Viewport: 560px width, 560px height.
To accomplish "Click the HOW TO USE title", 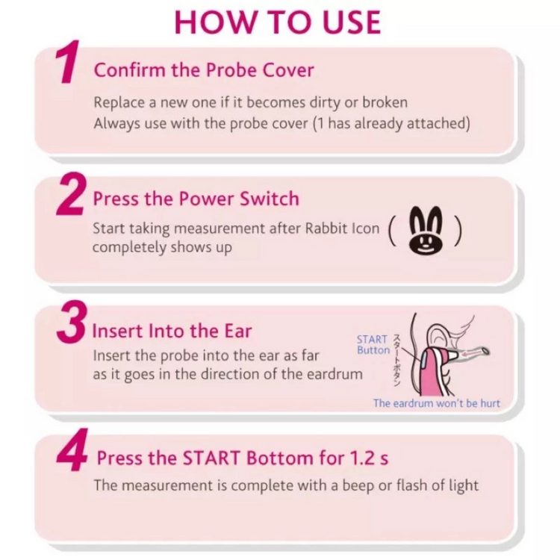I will (278, 22).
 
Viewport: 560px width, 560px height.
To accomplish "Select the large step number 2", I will (70, 196).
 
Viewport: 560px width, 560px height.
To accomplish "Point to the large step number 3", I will (73, 323).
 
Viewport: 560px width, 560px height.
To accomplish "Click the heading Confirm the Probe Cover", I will (204, 70).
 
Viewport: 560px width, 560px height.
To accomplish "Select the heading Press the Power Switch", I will (196, 199).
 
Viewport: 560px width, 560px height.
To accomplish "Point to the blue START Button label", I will (373, 345).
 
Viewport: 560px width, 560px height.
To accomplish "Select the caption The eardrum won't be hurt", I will (436, 403).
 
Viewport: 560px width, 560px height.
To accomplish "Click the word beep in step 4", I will (360, 485).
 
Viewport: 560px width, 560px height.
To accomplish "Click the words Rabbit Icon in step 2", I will (344, 228).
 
